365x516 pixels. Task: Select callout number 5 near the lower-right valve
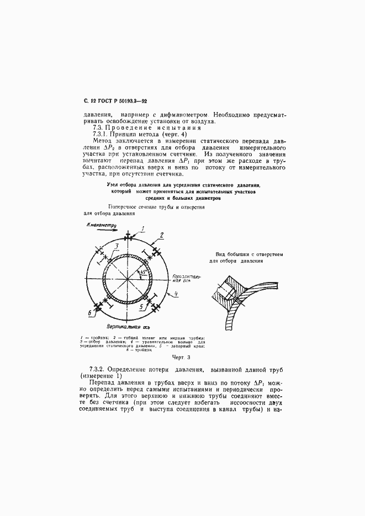pos(142,305)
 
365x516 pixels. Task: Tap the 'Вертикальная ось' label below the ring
pos(129,327)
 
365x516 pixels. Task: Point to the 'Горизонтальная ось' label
pos(181,276)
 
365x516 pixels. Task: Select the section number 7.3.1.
pos(100,134)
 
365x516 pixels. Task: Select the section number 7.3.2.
pos(99,368)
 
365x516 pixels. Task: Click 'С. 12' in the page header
pos(90,100)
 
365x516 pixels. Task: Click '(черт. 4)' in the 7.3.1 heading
pos(171,134)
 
